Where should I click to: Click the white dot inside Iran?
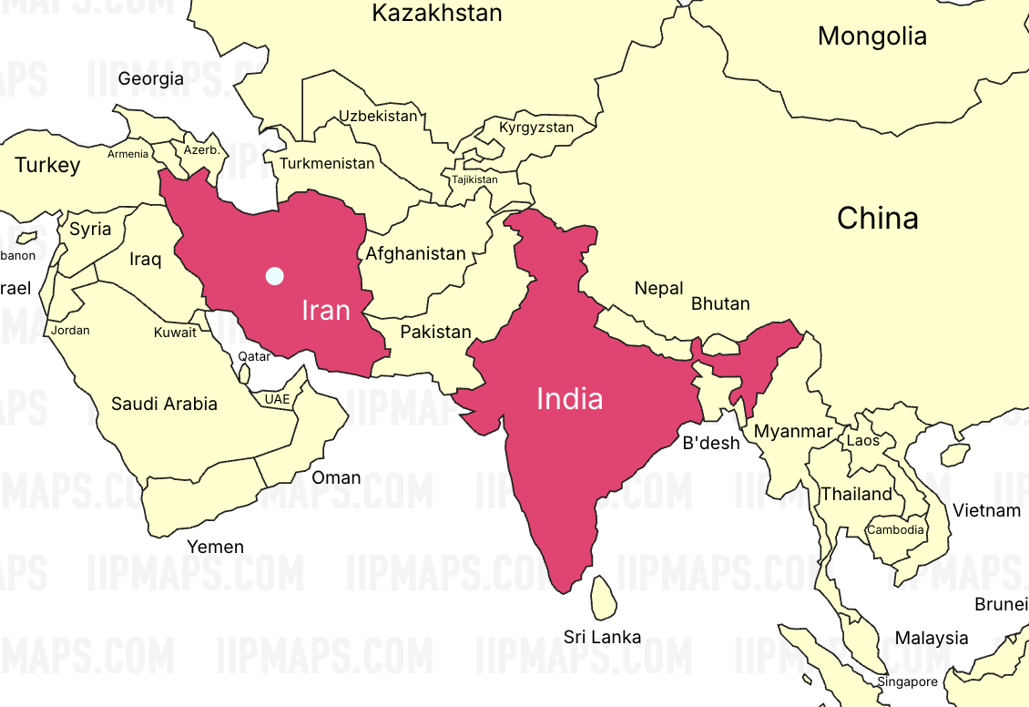274,275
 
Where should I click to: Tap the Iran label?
326,311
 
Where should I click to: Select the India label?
570,399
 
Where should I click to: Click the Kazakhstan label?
437,14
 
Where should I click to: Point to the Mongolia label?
872,36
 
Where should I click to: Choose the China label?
878,219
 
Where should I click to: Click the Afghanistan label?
416,254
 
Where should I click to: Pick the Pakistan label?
436,332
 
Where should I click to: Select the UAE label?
277,399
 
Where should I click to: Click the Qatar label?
254,356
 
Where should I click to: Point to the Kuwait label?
175,333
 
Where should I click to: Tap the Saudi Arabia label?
164,403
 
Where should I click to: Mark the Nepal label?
659,289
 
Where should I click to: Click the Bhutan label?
720,303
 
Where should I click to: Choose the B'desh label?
711,444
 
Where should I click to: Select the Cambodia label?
895,529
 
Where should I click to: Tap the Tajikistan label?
475,179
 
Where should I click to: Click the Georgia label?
151,79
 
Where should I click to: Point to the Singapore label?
907,681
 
